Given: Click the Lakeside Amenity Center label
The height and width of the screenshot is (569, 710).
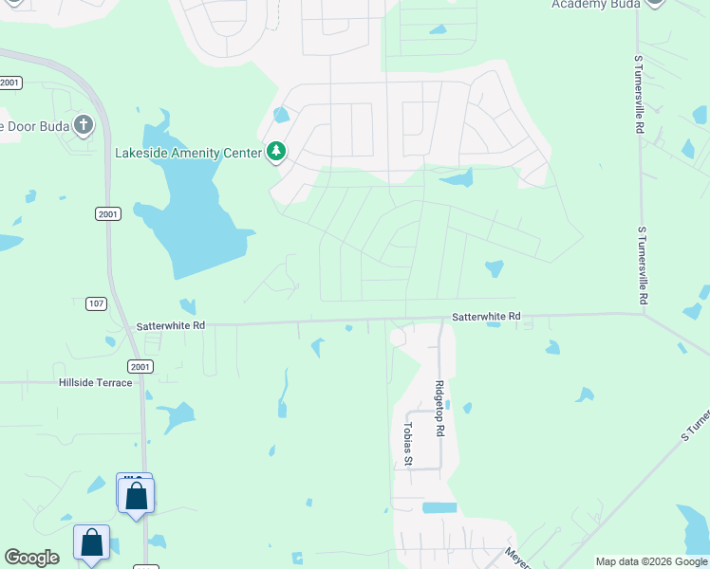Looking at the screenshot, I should click(188, 153).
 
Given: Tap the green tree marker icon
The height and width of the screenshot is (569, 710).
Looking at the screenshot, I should click(276, 152).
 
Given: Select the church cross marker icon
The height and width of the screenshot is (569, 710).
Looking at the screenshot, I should click(84, 125).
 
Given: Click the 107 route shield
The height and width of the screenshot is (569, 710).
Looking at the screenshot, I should click(93, 303).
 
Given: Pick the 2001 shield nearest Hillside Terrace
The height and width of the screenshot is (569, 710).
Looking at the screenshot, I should click(139, 366).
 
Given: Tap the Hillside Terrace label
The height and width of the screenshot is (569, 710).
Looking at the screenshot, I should click(95, 382).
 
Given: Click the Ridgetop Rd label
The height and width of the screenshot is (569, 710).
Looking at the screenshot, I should click(439, 408).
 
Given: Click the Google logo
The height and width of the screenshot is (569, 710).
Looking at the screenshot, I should click(32, 558).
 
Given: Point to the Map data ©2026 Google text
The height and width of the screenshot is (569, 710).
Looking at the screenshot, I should click(651, 561).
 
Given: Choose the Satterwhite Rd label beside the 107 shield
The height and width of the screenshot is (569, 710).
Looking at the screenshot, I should click(172, 324).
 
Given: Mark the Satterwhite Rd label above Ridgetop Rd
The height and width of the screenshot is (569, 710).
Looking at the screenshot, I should click(486, 316).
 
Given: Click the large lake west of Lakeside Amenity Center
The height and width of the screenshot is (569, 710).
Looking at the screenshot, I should click(195, 213).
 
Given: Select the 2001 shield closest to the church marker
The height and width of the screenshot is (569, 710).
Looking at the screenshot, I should click(10, 83).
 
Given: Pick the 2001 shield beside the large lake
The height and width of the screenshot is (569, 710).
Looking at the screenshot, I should click(107, 214).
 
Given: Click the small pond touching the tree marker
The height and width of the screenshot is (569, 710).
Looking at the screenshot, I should click(281, 117).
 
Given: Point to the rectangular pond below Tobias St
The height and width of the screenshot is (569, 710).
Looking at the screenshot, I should click(439, 507).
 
